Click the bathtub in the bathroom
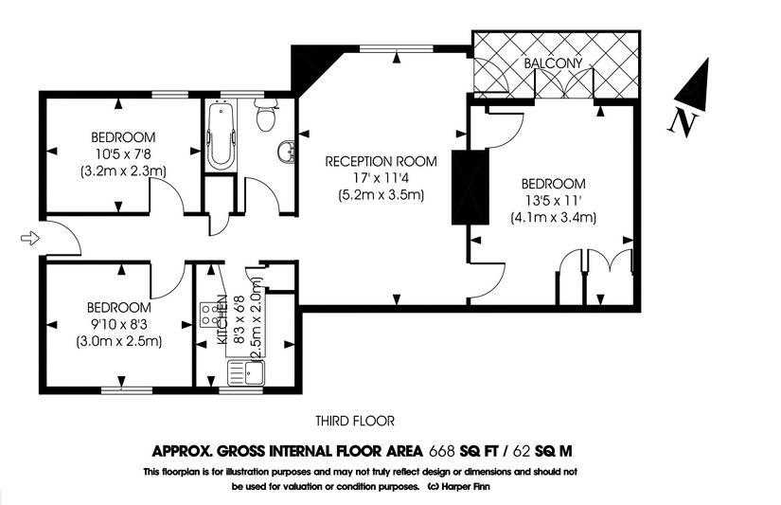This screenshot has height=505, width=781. pos(221,135)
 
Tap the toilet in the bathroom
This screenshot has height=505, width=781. pos(265,114)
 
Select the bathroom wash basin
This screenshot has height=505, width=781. pos(288,152)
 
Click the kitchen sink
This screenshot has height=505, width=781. pos(246,373)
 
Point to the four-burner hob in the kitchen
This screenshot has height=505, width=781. pos(211,315)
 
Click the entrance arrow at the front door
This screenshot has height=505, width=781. pos(30,239)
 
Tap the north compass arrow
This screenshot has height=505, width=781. pos(693,84)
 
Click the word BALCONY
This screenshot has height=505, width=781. pos(553,63)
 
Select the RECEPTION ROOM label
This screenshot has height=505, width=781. pos(382,161)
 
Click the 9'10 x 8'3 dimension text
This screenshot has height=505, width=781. pos(119,325)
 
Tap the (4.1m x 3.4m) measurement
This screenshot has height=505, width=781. pos(554,217)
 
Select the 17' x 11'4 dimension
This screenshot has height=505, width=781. pos(382,178)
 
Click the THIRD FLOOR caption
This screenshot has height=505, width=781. pos(355,422)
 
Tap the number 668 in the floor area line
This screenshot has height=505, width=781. pos(442,451)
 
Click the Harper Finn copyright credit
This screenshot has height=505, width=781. pos(459,487)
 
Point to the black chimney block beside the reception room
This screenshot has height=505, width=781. pos(470,187)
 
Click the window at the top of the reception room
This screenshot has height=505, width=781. pos(397,48)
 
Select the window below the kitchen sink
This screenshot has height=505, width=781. pos(240,390)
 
